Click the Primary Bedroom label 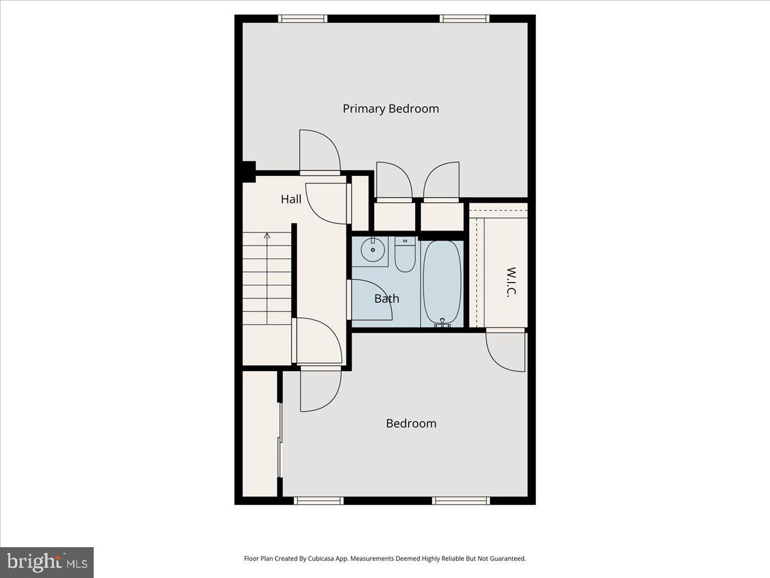[391, 109]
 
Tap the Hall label [291, 199]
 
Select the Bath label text [386, 298]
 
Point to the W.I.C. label [511, 282]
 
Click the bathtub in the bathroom [442, 281]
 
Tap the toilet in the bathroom [405, 256]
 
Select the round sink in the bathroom [372, 250]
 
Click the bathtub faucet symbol [442, 323]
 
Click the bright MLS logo [47, 563]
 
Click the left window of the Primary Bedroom [303, 19]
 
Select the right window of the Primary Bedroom [465, 19]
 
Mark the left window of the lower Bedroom [319, 501]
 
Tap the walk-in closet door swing [506, 351]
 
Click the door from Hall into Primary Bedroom [320, 152]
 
